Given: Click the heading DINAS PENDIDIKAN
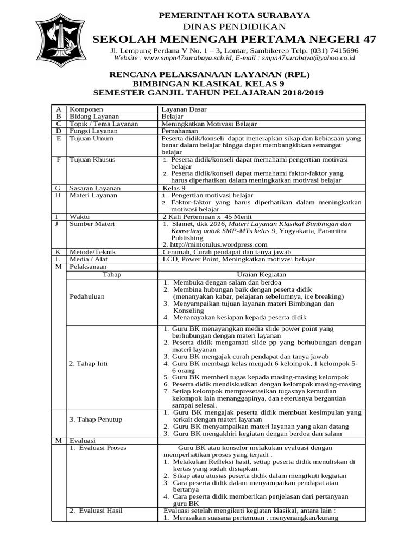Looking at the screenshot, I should pyautogui.click(x=234, y=26).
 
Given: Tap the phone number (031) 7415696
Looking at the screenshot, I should pyautogui.click(x=333, y=50).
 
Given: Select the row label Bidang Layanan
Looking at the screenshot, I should pyautogui.click(x=94, y=116).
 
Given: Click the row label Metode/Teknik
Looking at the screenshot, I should pyautogui.click(x=93, y=252).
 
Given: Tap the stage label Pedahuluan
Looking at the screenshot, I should pyautogui.click(x=87, y=296).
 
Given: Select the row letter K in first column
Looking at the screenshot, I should pyautogui.click(x=57, y=252).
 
